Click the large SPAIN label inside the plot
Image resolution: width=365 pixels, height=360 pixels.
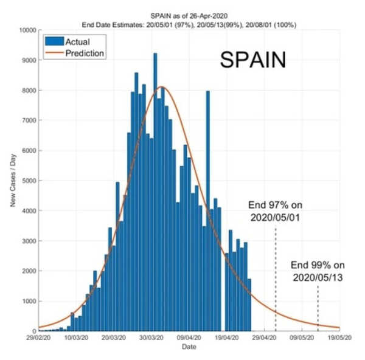tap(252, 60)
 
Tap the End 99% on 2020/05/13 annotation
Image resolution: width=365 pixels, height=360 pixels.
tap(317, 271)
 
